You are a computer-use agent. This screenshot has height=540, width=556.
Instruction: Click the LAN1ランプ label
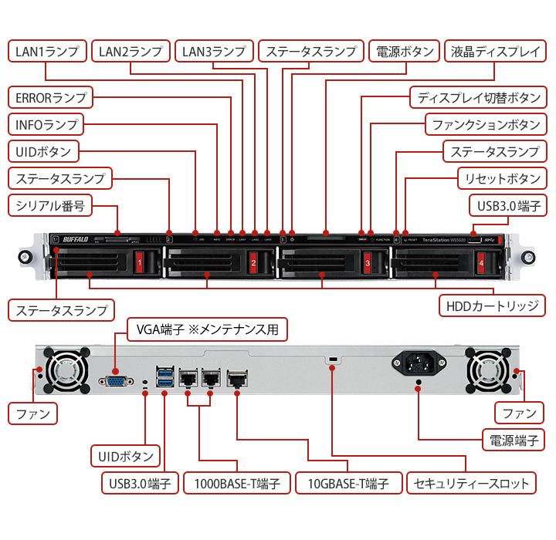tap(46, 52)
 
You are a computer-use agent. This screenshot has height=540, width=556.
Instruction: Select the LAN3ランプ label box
tap(213, 52)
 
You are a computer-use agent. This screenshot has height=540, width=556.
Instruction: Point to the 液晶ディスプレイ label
tap(495, 52)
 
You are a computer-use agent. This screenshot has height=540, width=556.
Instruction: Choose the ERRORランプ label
tap(50, 98)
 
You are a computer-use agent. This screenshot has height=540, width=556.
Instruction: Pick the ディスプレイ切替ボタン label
tap(479, 98)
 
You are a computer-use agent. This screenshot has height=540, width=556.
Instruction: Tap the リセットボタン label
tap(501, 178)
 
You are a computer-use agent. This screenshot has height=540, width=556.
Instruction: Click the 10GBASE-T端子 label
tap(350, 484)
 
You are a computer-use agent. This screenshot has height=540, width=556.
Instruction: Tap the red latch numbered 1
tap(139, 262)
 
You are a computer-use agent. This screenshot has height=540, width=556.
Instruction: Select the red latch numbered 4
tap(481, 262)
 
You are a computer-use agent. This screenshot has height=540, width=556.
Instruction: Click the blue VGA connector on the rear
tap(117, 381)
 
